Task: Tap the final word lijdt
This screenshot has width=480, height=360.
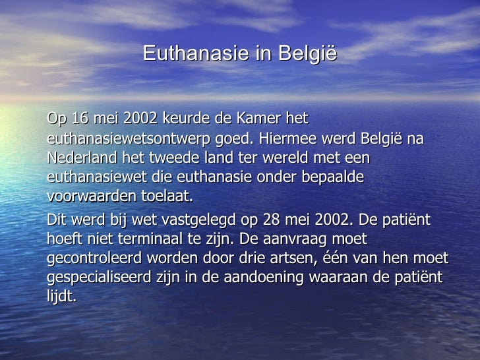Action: pyautogui.click(x=62, y=296)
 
